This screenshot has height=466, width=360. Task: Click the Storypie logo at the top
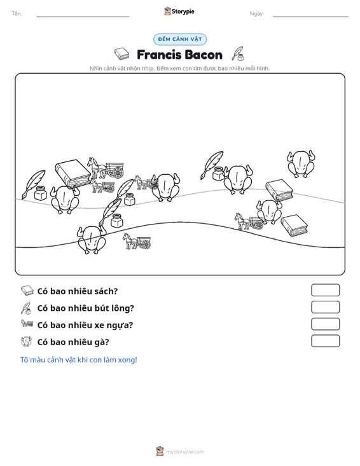[179, 11]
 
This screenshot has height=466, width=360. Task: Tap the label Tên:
[17, 14]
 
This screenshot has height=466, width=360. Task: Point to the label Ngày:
[256, 14]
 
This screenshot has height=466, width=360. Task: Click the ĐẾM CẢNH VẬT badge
[180, 39]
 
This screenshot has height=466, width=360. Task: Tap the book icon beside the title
[121, 54]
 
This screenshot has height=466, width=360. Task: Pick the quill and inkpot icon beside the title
[238, 54]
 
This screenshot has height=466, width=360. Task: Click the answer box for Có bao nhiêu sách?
[325, 290]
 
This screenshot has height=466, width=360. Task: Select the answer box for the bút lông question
[325, 307]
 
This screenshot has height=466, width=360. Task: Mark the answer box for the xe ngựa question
[325, 324]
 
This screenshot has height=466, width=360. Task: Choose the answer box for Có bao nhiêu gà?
[325, 341]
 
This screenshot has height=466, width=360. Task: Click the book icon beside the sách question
[27, 291]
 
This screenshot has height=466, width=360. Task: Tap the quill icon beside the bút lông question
[26, 308]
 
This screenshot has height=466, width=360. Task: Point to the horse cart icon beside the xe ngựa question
[27, 323]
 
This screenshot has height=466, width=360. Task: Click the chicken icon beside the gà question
[27, 341]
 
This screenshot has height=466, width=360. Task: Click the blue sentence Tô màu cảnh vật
[78, 360]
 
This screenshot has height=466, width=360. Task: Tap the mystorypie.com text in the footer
[184, 452]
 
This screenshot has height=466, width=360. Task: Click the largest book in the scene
[73, 174]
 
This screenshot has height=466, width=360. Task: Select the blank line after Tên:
[83, 17]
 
